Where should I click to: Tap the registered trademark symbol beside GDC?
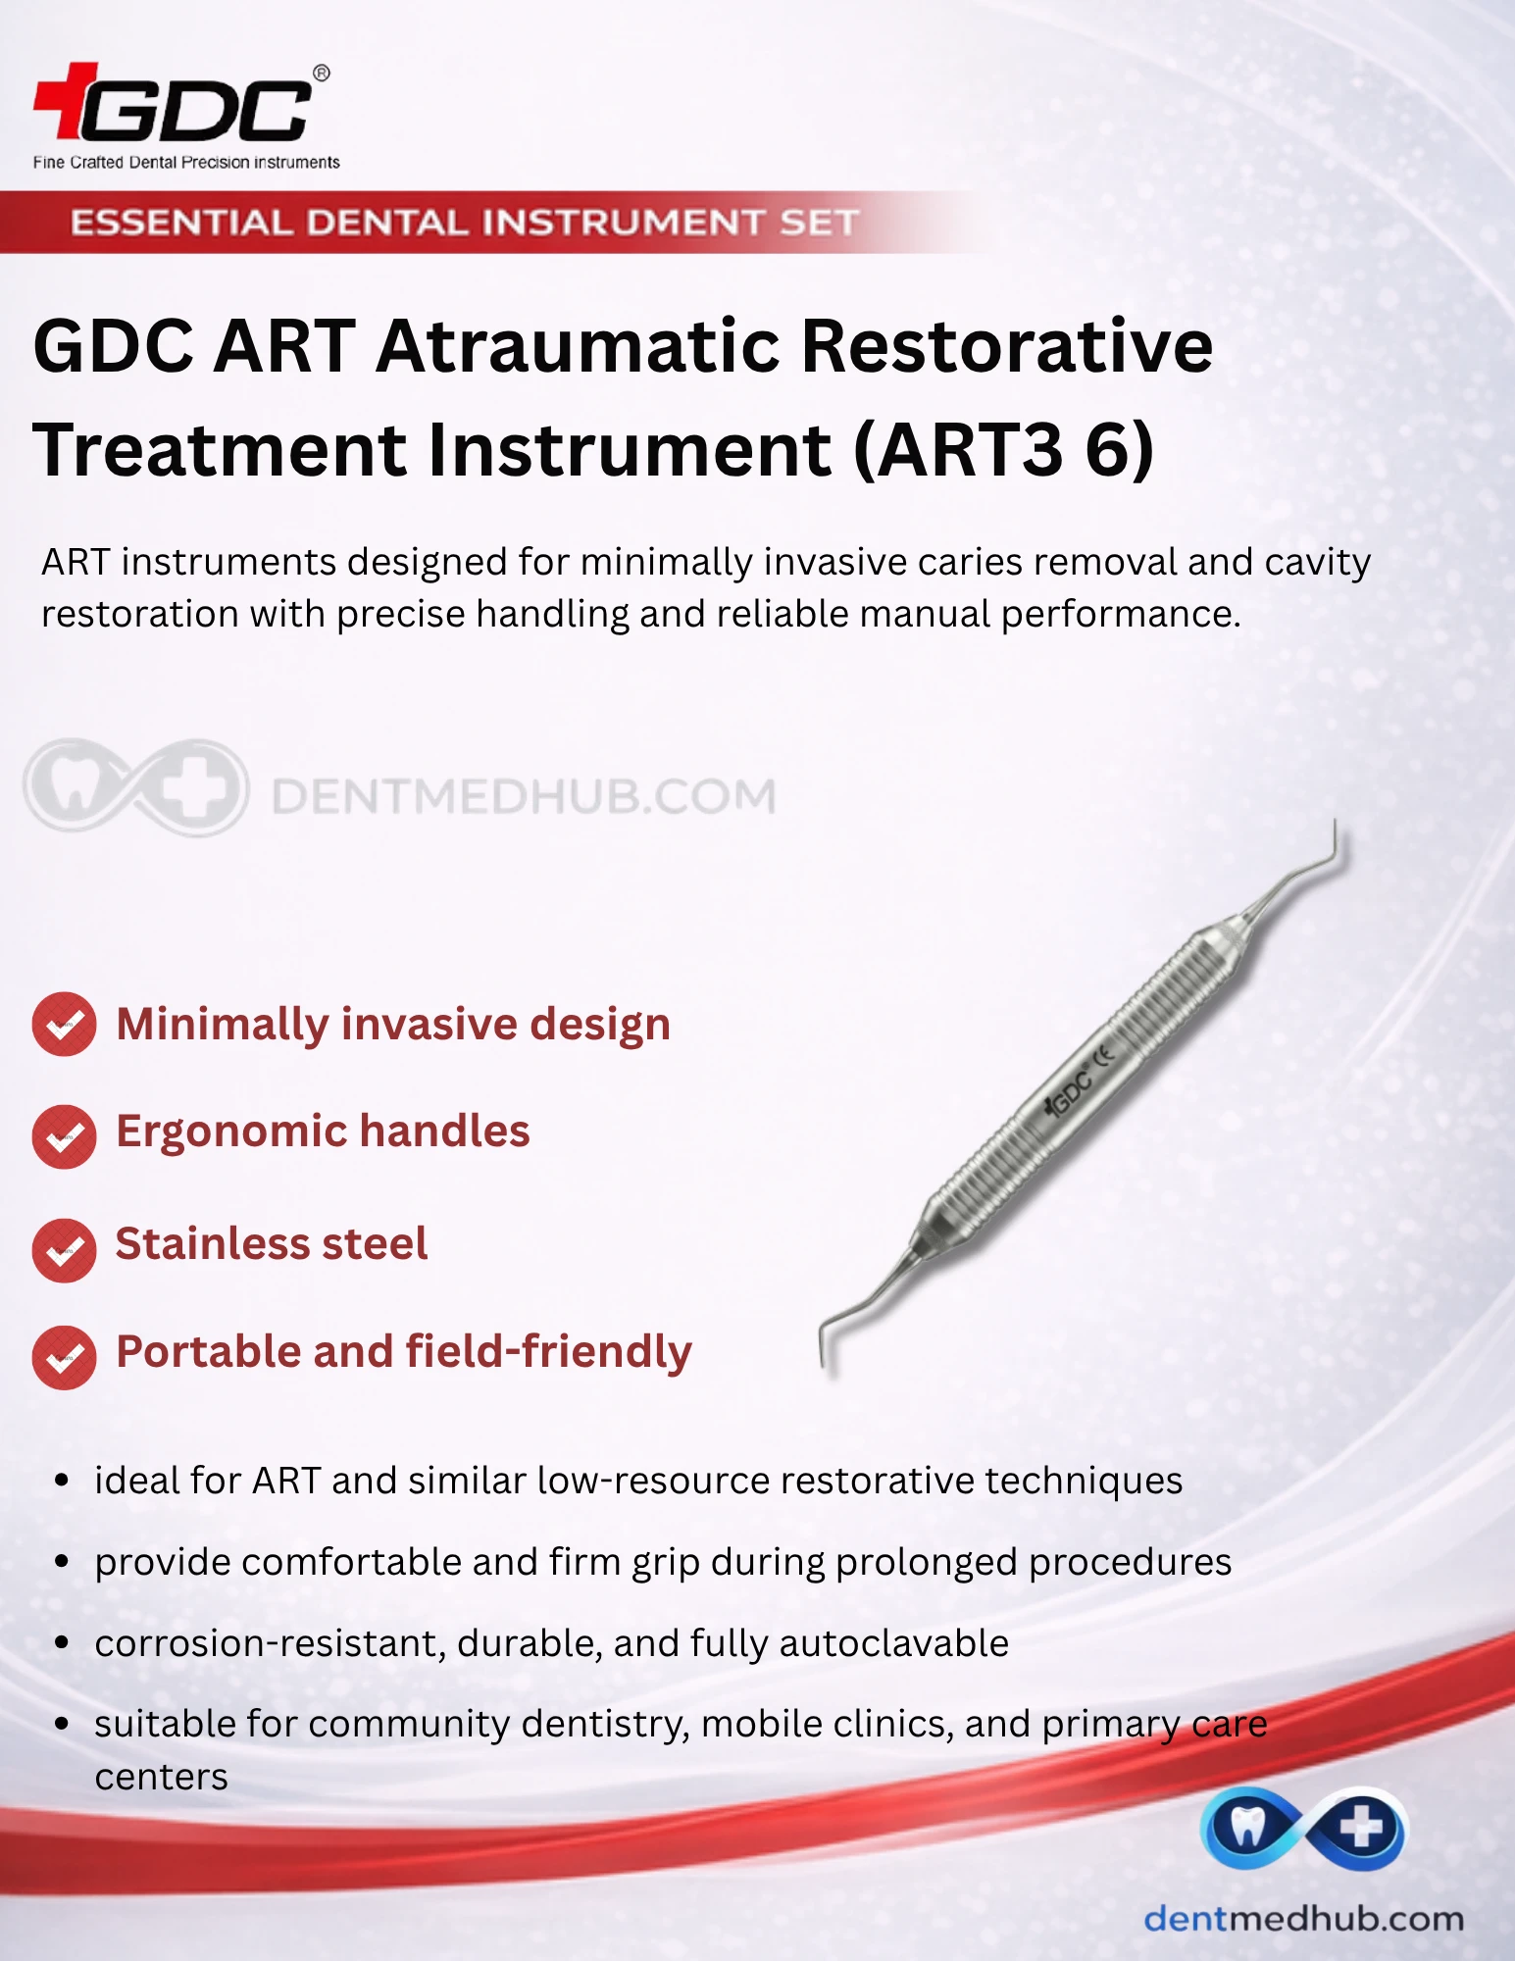(x=321, y=74)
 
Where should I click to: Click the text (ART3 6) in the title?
(x=1004, y=450)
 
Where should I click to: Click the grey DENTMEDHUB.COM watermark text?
(x=524, y=796)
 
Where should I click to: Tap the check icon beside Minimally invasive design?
(x=64, y=1025)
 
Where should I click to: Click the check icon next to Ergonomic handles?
(x=64, y=1136)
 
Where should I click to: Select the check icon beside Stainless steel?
(x=64, y=1250)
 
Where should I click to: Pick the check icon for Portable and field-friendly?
(x=64, y=1358)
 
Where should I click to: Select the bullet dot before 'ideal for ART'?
(x=62, y=1481)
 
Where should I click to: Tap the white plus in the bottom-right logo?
(x=1361, y=1829)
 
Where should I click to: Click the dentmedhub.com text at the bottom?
(x=1303, y=1919)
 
